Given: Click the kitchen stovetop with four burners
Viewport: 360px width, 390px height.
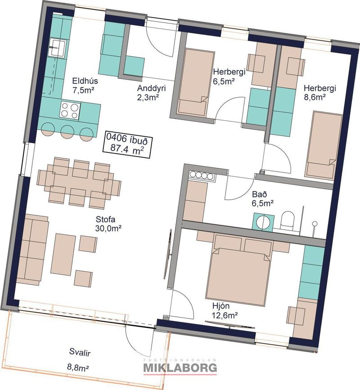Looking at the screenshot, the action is tap(70, 110).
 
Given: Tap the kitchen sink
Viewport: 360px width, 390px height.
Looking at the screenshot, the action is tap(58, 47).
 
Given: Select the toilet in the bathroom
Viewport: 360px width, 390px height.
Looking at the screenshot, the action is tap(287, 220).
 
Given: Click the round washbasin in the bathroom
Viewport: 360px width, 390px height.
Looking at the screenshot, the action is tap(263, 221).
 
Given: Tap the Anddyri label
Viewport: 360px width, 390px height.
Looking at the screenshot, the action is tap(151, 88).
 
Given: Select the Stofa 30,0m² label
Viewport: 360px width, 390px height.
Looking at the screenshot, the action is tap(108, 224).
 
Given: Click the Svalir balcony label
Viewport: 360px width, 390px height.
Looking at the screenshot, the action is tap(80, 353).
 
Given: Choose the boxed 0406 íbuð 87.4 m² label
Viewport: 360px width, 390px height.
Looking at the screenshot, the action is tap(127, 144).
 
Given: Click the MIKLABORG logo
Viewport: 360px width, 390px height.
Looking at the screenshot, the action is tap(180, 367).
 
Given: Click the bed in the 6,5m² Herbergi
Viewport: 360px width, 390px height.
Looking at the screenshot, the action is tap(196, 82).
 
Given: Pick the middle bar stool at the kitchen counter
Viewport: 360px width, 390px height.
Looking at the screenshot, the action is tap(67, 132).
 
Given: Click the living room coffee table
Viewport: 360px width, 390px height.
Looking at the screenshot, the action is tap(63, 254).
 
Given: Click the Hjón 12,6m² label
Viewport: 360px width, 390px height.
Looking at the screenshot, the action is tap(225, 310).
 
